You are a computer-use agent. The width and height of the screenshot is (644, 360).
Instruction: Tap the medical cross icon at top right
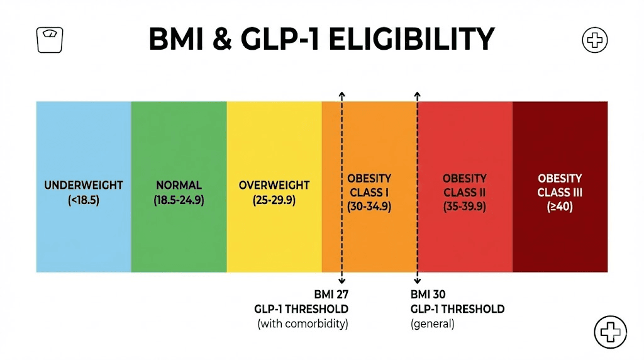(594, 41)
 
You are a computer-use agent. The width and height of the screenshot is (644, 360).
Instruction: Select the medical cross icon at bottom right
(610, 331)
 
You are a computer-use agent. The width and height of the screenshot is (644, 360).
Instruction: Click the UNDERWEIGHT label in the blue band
(84, 185)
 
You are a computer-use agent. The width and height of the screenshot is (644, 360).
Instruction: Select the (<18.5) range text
(84, 201)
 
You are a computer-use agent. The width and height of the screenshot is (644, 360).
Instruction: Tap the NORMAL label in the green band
(179, 185)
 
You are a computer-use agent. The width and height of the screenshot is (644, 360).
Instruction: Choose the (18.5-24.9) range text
(179, 201)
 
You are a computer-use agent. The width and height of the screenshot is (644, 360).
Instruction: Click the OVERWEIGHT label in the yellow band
(274, 185)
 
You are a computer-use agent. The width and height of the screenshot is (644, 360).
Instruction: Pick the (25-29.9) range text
(274, 201)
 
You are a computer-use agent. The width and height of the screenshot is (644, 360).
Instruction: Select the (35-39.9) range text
(464, 206)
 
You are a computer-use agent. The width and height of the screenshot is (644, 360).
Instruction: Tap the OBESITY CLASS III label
(560, 185)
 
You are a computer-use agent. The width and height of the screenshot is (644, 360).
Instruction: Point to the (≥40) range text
(560, 206)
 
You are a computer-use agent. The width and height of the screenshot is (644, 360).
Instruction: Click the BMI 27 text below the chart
(331, 294)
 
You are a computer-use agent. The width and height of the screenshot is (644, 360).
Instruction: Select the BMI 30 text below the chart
(429, 294)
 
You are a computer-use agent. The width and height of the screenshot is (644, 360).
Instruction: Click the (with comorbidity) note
(303, 324)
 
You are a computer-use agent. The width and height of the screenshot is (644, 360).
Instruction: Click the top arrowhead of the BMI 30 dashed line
(418, 94)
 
